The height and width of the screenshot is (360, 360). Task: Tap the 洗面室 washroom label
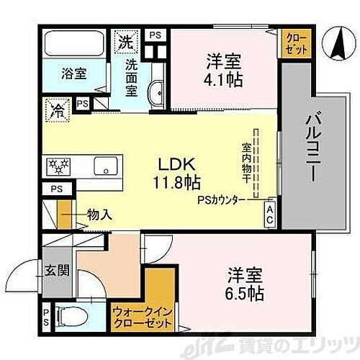click(x=132, y=77)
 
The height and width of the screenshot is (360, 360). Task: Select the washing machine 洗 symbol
click(x=125, y=40)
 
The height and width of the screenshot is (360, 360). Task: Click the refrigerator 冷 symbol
click(x=57, y=111)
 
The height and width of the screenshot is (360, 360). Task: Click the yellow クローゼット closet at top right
click(x=296, y=43)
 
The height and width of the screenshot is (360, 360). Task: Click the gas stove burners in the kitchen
click(x=58, y=166)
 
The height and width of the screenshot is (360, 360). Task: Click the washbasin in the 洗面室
click(x=156, y=92)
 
